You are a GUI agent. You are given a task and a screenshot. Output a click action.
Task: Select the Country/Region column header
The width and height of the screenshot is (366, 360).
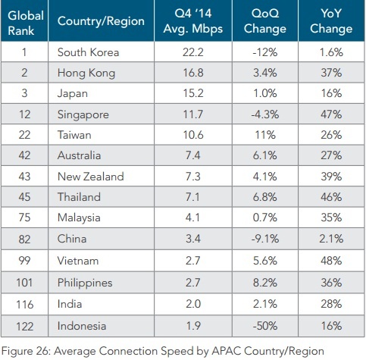pos(100,22)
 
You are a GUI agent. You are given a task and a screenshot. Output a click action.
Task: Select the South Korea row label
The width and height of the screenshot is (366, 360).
pos(89,52)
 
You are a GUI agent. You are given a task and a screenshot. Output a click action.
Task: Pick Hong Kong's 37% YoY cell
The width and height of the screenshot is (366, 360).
pos(332,72)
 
